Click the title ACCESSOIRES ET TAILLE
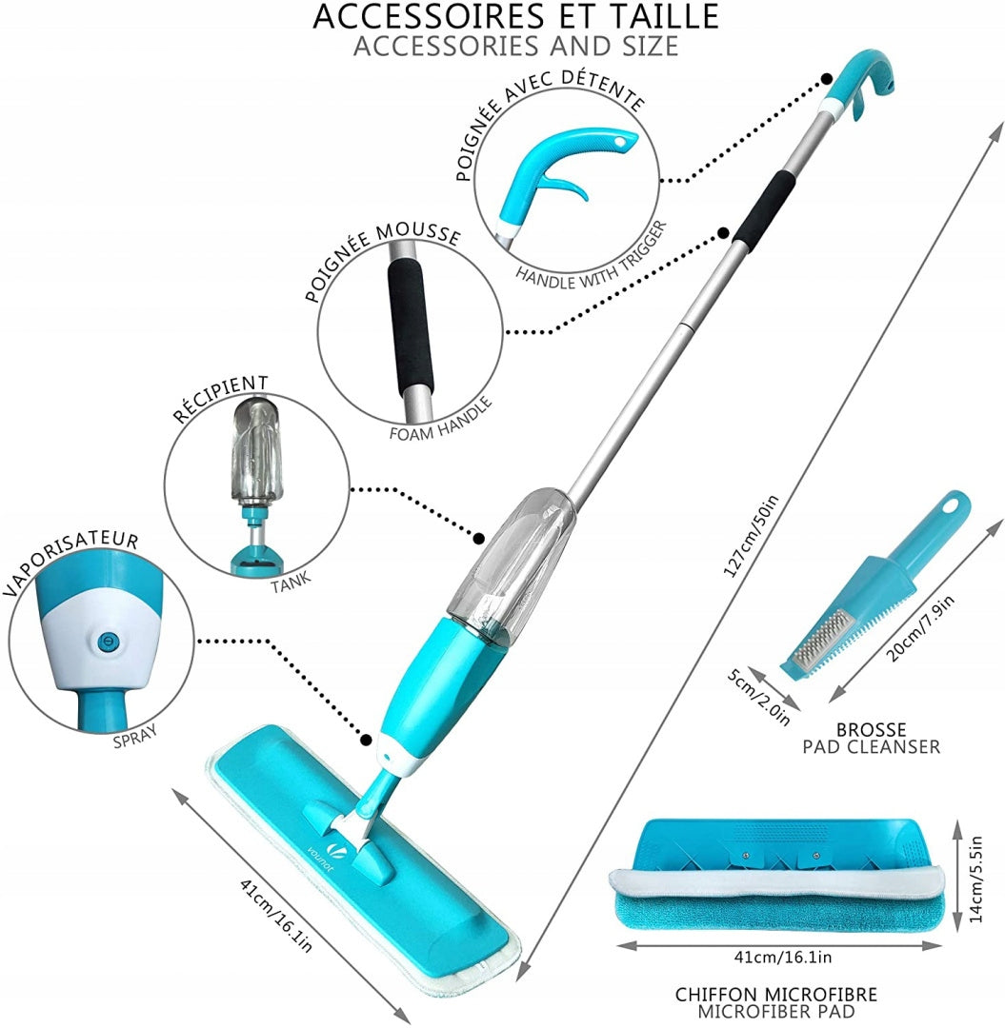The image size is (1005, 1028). pyautogui.click(x=515, y=16)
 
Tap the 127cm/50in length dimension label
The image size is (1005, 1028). pyautogui.click(x=751, y=536)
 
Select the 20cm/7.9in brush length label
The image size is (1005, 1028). pyautogui.click(x=919, y=628)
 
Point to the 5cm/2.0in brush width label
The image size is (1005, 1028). pyautogui.click(x=759, y=696)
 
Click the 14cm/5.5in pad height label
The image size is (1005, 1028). pyautogui.click(x=975, y=879)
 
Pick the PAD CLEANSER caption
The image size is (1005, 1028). pyautogui.click(x=872, y=747)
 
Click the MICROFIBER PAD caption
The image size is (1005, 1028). pyautogui.click(x=776, y=1012)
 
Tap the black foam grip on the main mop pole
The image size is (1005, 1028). pyautogui.click(x=764, y=208)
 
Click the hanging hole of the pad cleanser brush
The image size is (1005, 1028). pyautogui.click(x=951, y=506)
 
